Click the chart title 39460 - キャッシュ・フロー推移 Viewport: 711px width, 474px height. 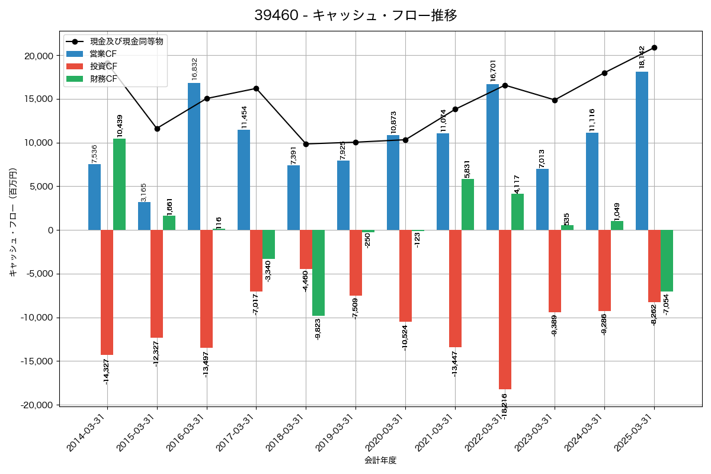click(355, 15)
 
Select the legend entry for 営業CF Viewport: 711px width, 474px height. click(103, 54)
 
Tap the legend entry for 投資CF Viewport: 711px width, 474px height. click(103, 66)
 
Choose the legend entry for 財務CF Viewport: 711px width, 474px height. click(103, 79)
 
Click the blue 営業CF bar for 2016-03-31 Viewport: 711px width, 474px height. click(194, 156)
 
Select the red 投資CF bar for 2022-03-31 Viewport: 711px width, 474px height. click(505, 309)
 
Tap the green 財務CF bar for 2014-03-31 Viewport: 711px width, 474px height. click(119, 184)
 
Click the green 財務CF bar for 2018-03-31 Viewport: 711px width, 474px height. click(318, 273)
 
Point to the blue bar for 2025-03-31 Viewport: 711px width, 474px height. click(642, 150)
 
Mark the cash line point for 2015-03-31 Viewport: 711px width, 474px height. click(157, 129)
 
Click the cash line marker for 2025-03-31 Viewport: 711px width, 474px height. click(654, 47)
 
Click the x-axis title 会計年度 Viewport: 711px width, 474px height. click(380, 460)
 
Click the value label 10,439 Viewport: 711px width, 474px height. click(120, 126)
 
